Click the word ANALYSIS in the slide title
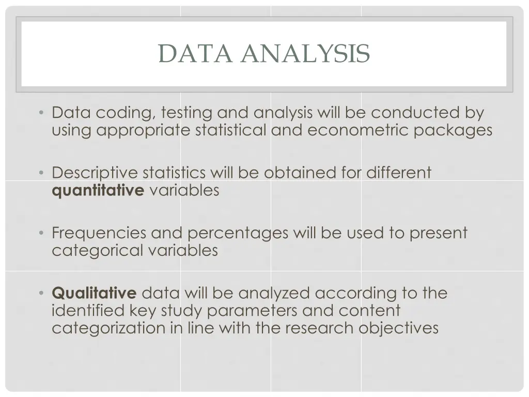[x=305, y=54]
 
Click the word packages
[x=453, y=130]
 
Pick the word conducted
[x=413, y=112]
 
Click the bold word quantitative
[x=98, y=190]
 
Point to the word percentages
[x=238, y=233]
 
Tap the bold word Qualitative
[x=94, y=293]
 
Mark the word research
[x=316, y=328]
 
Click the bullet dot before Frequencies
[x=41, y=234]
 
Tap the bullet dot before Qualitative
[x=41, y=294]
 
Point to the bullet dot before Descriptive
[x=41, y=173]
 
